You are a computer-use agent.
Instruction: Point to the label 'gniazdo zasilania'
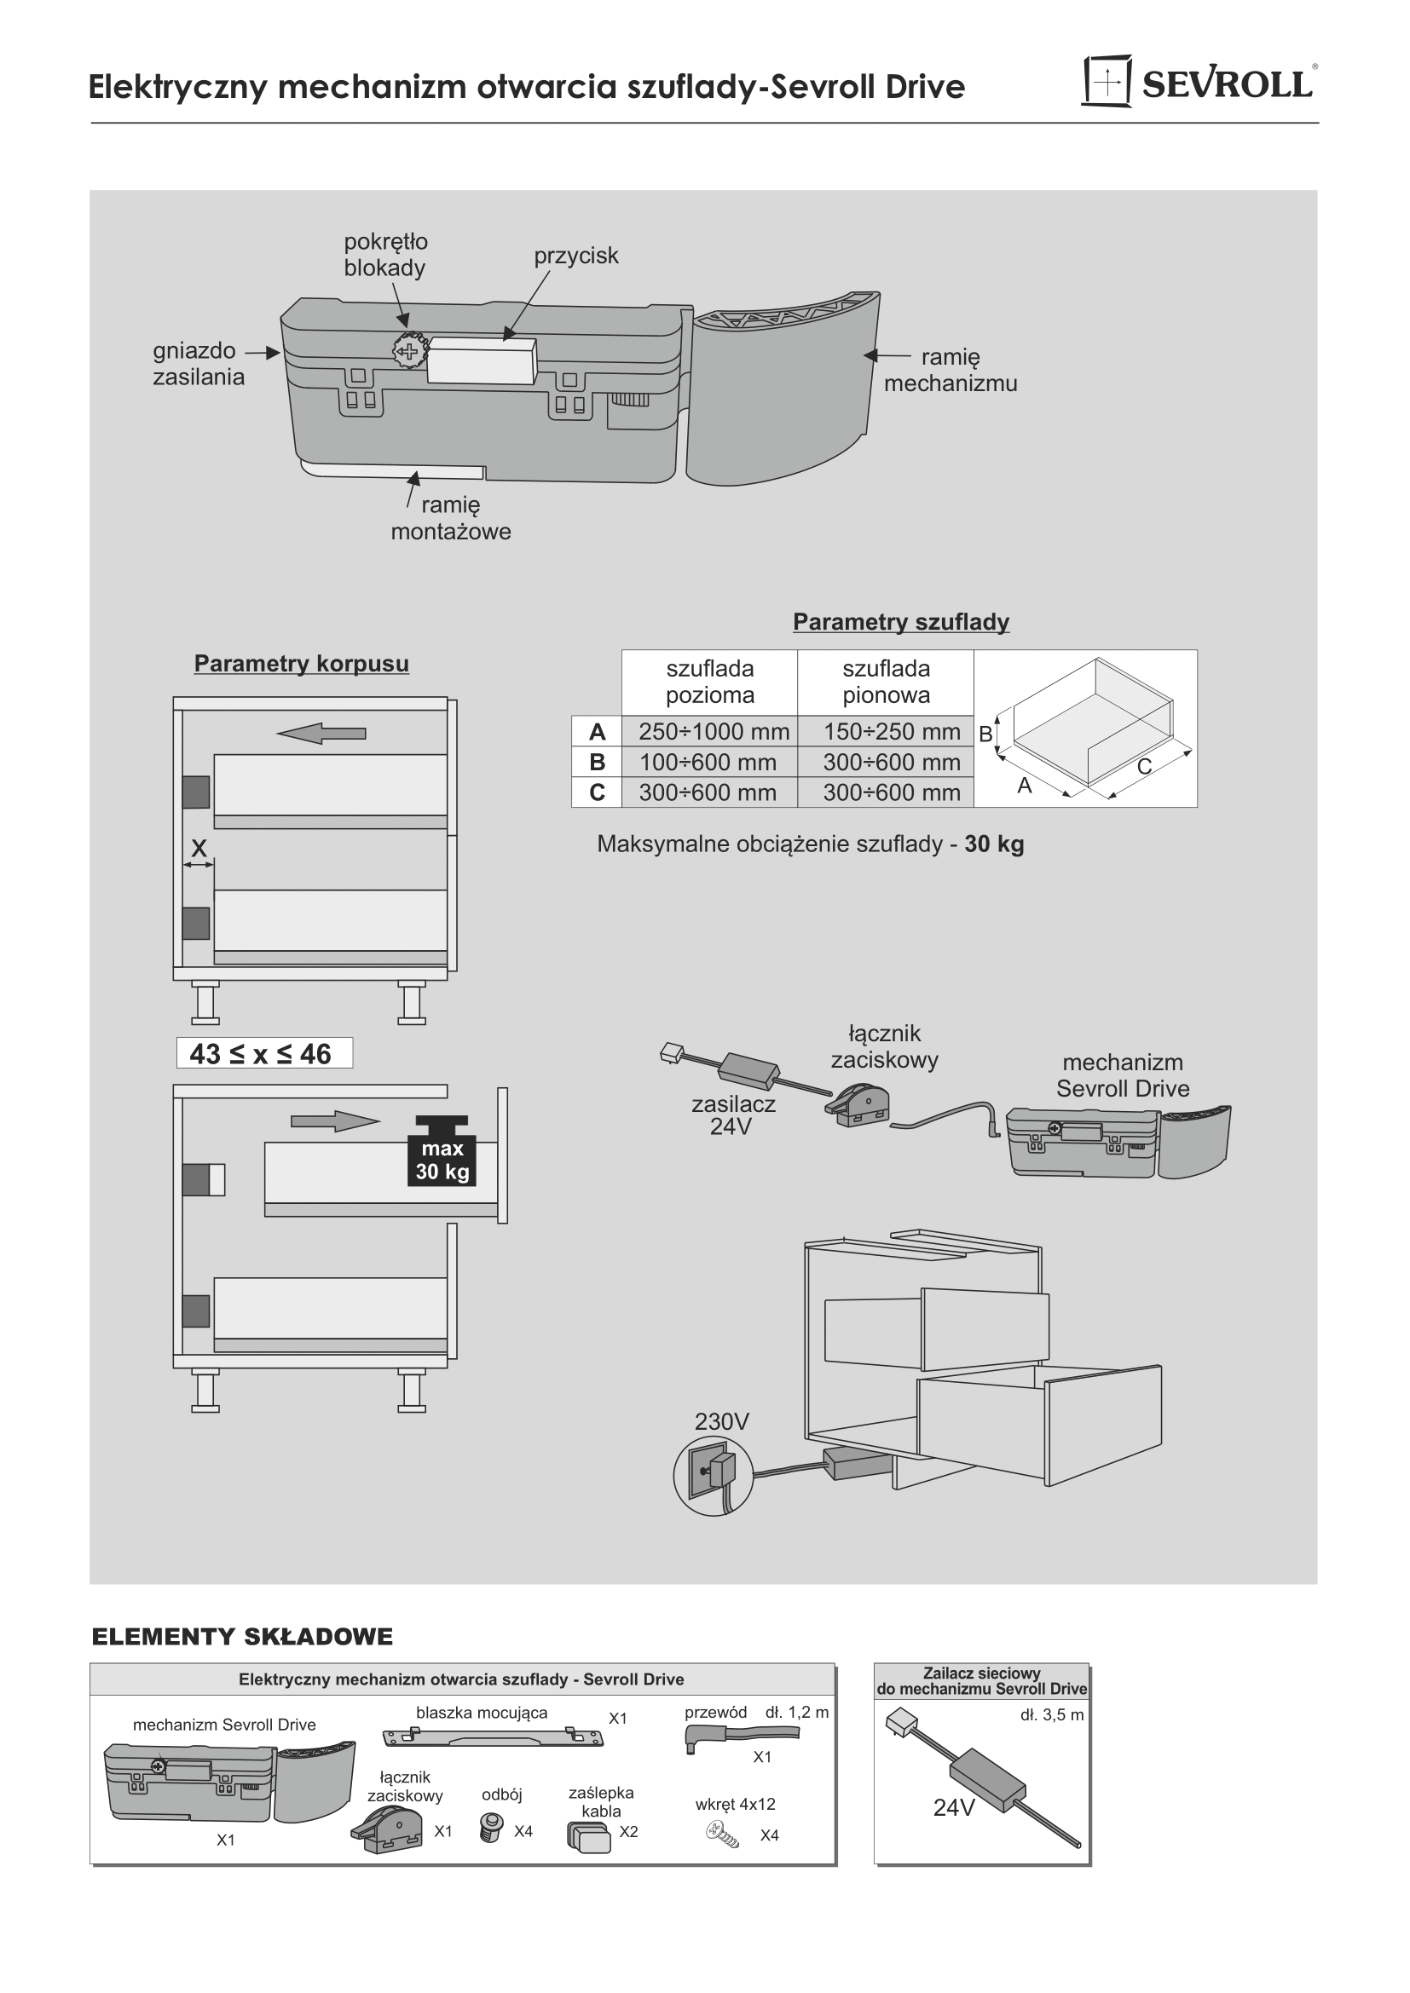click(199, 364)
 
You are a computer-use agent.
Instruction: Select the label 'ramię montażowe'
click(451, 518)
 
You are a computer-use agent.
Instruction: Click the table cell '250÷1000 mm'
click(714, 732)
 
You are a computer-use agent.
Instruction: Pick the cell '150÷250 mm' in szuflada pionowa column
click(892, 732)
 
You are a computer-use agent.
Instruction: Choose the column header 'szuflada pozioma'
click(709, 682)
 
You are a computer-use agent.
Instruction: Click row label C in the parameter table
click(597, 792)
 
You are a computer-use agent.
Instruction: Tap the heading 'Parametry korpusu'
click(301, 663)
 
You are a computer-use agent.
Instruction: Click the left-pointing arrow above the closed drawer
click(321, 734)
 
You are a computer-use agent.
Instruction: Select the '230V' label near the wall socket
click(721, 1422)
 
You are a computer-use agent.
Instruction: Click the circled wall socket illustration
click(713, 1476)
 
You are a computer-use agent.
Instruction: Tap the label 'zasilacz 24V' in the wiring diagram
click(733, 1115)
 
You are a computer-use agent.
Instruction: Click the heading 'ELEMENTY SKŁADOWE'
click(242, 1637)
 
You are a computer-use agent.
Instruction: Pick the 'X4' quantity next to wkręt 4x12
click(769, 1835)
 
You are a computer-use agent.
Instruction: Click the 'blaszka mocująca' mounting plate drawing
click(492, 1737)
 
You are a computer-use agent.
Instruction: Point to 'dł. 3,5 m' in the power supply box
click(1051, 1715)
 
